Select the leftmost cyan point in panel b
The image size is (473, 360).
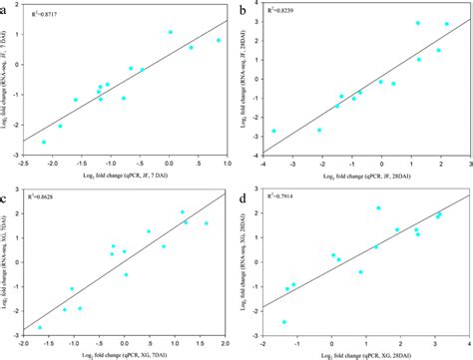274,131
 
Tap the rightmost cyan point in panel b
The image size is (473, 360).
447,24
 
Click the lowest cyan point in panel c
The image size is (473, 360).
40,327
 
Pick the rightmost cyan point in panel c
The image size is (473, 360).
207,223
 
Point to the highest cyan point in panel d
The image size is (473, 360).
378,208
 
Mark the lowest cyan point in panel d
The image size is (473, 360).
284,322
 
